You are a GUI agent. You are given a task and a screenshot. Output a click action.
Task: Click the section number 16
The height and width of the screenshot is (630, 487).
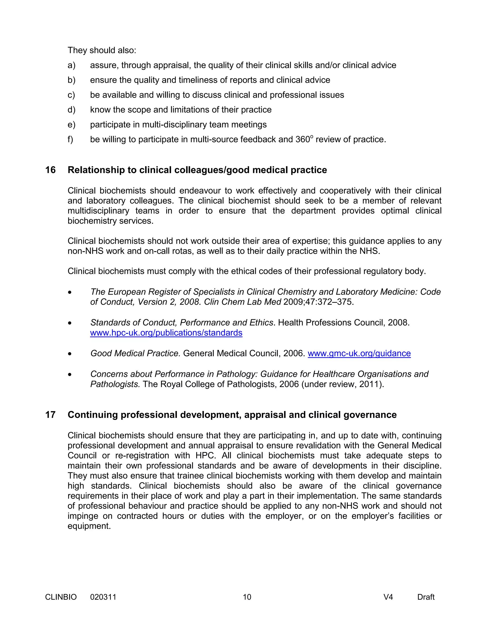pyautogui.click(x=50, y=170)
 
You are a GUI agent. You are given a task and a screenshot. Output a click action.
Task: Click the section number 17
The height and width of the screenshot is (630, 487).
pyautogui.click(x=50, y=415)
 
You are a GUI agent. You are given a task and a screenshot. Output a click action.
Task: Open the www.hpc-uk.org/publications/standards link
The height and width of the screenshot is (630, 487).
pyautogui.click(x=166, y=333)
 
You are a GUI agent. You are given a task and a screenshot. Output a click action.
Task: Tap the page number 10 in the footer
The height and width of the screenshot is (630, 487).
pyautogui.click(x=247, y=597)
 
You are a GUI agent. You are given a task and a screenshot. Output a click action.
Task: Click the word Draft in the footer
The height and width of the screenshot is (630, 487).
pyautogui.click(x=426, y=597)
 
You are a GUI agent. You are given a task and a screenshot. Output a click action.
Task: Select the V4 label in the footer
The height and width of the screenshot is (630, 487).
pyautogui.click(x=388, y=597)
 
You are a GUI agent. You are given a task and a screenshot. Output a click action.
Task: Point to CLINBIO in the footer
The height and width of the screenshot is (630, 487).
pyautogui.click(x=61, y=597)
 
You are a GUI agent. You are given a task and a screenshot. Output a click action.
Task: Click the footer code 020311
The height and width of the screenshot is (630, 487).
pyautogui.click(x=103, y=597)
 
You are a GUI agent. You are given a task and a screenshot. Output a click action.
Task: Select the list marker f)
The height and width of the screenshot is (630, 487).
pyautogui.click(x=70, y=139)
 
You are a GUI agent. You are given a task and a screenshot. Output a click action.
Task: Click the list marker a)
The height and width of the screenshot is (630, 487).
pyautogui.click(x=71, y=65)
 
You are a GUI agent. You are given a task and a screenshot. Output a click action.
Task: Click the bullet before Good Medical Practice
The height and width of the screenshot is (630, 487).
pyautogui.click(x=69, y=354)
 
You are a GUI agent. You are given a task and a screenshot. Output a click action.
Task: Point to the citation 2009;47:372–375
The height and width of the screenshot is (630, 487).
pyautogui.click(x=318, y=302)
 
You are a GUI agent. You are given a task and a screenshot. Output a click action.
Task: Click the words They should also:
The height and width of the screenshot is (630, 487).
pyautogui.click(x=102, y=50)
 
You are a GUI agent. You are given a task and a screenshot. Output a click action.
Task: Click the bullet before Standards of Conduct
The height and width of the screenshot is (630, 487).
pyautogui.click(x=69, y=323)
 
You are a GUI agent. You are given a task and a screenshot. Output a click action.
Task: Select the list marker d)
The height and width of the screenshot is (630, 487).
pyautogui.click(x=71, y=110)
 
